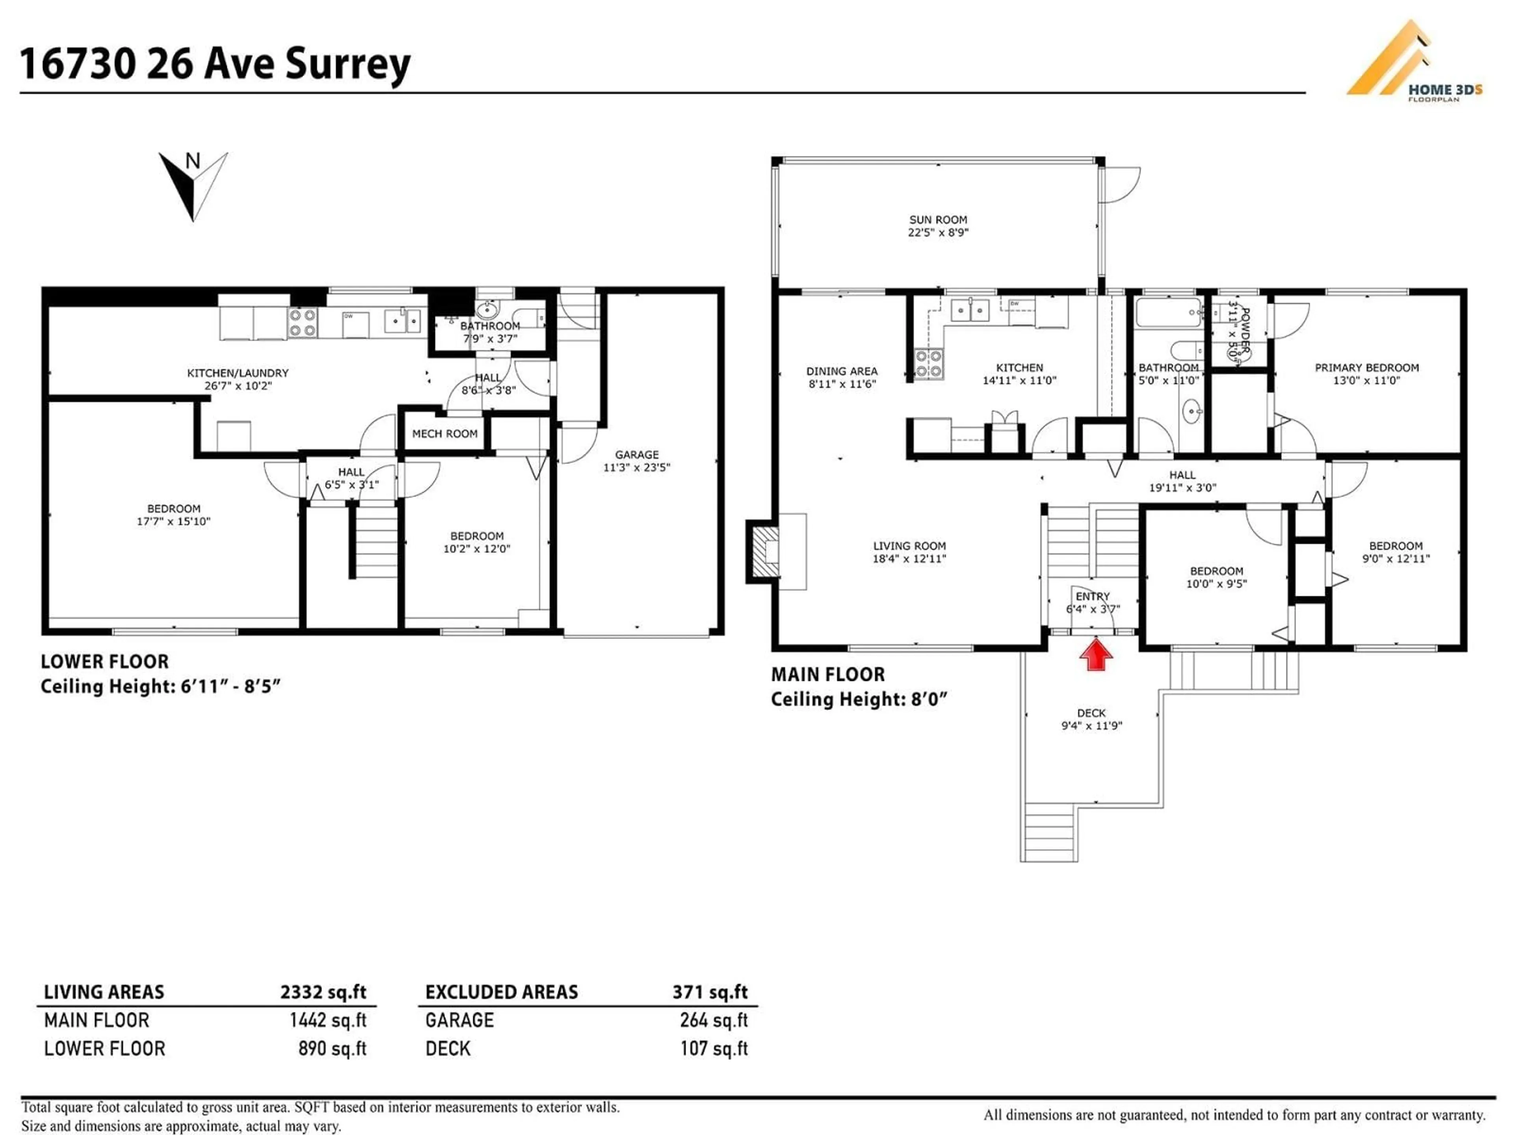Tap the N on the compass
click(193, 162)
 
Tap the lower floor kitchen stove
click(302, 322)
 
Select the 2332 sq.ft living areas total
click(323, 992)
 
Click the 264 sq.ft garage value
click(714, 1020)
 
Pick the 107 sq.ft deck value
click(714, 1048)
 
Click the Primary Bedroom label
click(1366, 367)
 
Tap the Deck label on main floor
click(1091, 713)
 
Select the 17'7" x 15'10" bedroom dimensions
click(174, 521)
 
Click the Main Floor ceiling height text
click(859, 699)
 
